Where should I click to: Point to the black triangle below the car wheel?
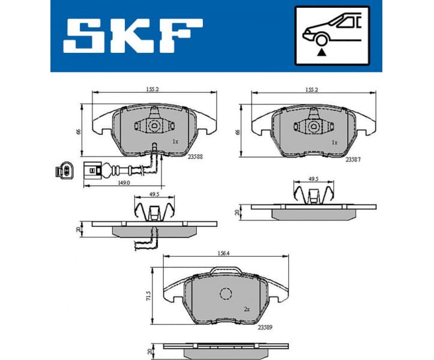[x=321, y=52]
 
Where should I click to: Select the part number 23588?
[x=194, y=156]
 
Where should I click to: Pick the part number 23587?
[x=353, y=160]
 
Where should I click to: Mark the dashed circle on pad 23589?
[x=226, y=294]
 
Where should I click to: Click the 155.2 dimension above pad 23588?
[x=152, y=88]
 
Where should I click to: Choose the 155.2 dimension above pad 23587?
[x=312, y=88]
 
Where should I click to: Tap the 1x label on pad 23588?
[x=175, y=142]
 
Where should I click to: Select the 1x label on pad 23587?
[x=334, y=143]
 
